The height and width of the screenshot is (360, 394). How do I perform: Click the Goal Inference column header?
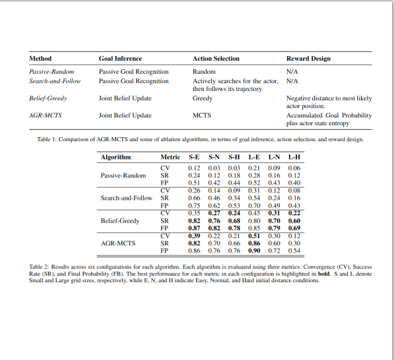[120, 59]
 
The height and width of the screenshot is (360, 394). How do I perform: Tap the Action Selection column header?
[216, 59]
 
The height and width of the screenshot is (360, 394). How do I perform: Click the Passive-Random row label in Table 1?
[51, 71]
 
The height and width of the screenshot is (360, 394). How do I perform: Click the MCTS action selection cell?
[202, 115]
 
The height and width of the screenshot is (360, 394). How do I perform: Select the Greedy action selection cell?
[203, 98]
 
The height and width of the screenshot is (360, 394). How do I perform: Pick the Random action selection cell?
[204, 71]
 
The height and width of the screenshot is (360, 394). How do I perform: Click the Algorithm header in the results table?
[115, 158]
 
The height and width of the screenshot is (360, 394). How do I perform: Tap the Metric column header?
[170, 158]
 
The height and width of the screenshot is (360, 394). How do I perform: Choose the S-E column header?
[194, 158]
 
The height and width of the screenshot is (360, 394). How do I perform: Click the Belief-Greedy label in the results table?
[120, 221]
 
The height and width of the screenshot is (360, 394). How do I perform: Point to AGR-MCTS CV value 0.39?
[194, 235]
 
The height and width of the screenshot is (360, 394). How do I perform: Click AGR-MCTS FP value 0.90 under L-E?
[254, 251]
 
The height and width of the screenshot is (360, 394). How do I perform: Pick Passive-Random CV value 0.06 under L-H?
[294, 168]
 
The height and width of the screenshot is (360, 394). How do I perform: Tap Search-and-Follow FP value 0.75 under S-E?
[194, 206]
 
